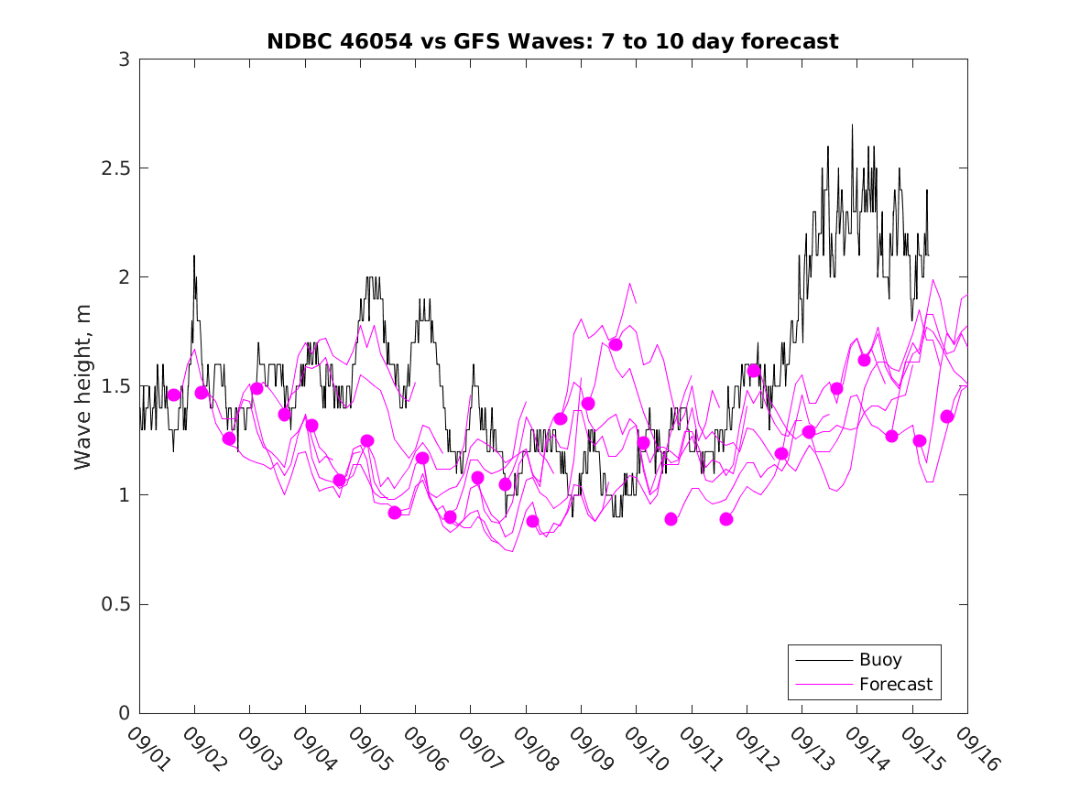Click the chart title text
coord(552,41)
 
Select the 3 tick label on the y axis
coord(123,60)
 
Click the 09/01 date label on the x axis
coord(147,749)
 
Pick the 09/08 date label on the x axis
coord(533,749)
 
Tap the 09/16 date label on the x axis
coord(975,749)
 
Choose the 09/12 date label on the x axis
coord(754,749)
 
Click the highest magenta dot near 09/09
coord(616,344)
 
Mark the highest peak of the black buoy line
coord(852,124)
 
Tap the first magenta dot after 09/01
coord(174,395)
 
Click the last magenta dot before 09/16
coord(947,417)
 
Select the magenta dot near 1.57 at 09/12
coord(754,371)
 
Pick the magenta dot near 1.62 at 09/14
coord(864,360)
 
